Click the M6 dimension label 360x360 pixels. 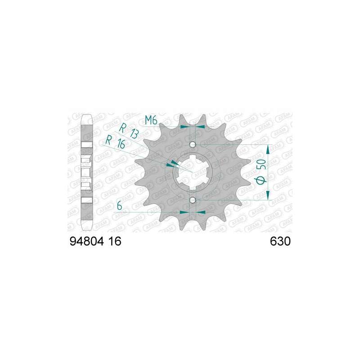(x=151, y=120)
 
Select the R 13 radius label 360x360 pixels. (x=129, y=131)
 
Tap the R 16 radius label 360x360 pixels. (x=115, y=142)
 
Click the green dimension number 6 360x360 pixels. (x=119, y=206)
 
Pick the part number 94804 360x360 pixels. (x=87, y=241)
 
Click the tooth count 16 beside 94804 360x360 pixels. (x=115, y=241)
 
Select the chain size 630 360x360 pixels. (x=280, y=241)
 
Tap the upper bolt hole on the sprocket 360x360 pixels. (x=193, y=144)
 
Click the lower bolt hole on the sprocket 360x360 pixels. (x=193, y=200)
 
